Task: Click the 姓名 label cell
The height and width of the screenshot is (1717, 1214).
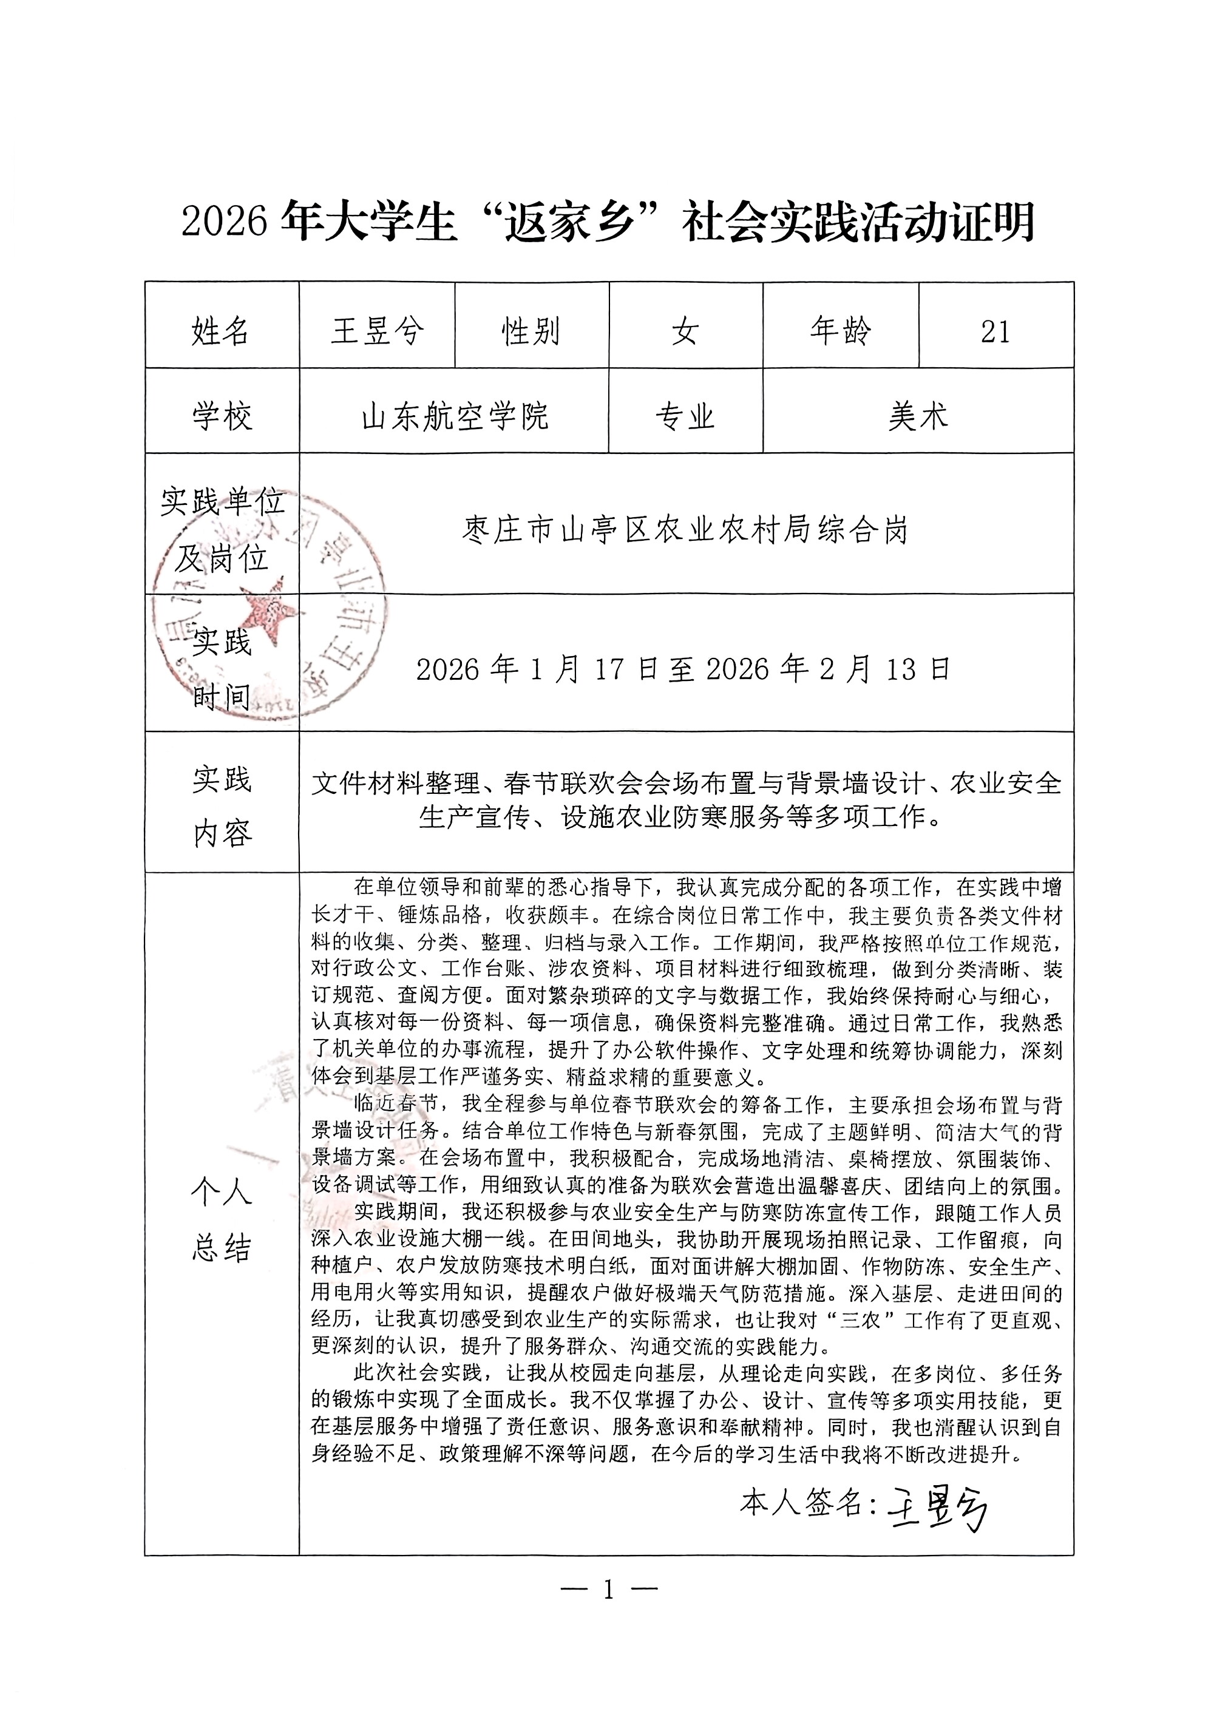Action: click(221, 331)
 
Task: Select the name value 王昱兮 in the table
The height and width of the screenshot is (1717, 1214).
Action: click(377, 331)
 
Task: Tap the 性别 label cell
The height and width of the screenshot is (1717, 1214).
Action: click(531, 331)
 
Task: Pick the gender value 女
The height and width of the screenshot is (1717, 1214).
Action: click(685, 331)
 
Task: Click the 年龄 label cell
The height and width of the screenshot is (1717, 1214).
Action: click(841, 331)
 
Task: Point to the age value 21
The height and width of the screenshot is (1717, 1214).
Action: click(995, 331)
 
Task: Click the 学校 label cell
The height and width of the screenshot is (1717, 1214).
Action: click(222, 416)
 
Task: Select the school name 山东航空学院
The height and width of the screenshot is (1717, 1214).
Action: click(455, 416)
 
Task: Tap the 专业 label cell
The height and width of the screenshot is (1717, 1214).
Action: click(685, 416)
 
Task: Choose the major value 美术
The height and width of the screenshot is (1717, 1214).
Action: click(918, 416)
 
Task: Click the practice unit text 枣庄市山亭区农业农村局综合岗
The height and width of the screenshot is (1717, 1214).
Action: click(685, 530)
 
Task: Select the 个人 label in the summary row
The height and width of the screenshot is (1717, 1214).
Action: click(222, 1191)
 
